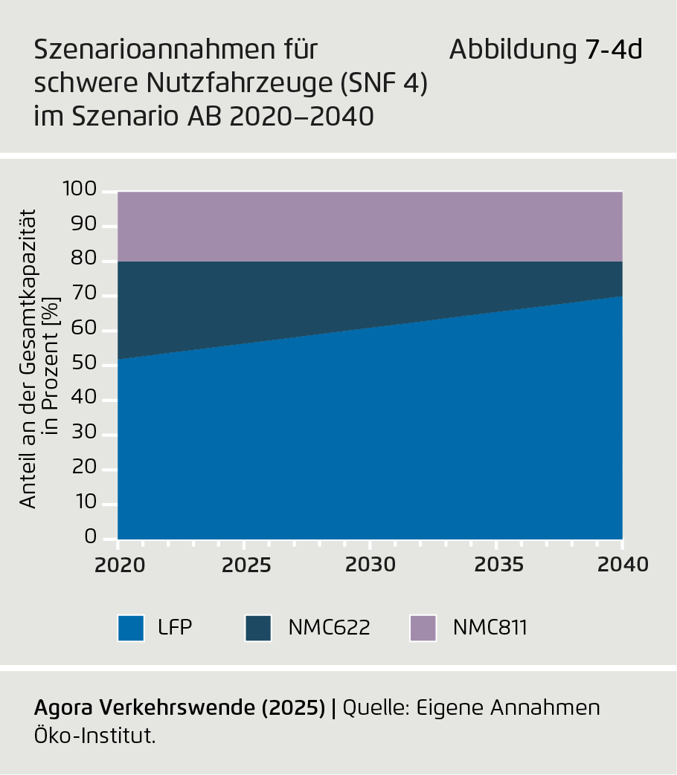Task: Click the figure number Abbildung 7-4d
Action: tap(545, 51)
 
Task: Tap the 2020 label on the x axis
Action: tap(119, 565)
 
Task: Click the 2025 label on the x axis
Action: tap(245, 565)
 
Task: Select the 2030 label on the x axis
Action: tap(370, 565)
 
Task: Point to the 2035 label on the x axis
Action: tap(497, 565)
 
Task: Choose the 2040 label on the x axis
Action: tap(623, 565)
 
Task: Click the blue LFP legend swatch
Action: tap(130, 628)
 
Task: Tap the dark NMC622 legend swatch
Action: tap(258, 628)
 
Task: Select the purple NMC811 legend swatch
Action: tap(423, 628)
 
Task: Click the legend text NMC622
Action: tap(329, 628)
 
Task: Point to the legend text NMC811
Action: tap(490, 628)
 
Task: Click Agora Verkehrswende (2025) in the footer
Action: tap(179, 708)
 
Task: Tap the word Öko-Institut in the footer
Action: tap(94, 736)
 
